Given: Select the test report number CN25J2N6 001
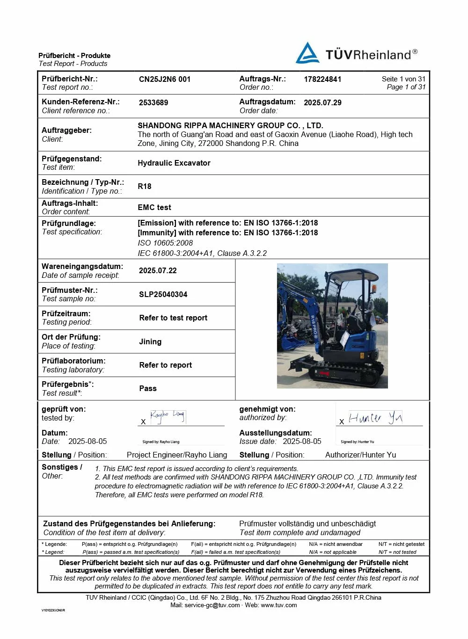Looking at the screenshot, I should pos(165,79).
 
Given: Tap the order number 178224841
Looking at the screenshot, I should pos(322,79).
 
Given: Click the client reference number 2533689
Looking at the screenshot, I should pos(154,102).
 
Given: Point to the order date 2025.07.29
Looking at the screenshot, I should pos(322,102).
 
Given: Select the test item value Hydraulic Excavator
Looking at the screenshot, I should pos(174,163).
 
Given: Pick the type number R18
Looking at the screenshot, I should pos(145,186).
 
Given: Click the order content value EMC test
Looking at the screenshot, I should pos(154,207).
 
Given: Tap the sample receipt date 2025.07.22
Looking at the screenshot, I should pos(158,270).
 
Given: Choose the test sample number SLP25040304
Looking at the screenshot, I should pos(163,294).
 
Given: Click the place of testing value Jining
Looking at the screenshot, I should pos(150,341).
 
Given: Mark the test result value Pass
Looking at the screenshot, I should pos(148,388).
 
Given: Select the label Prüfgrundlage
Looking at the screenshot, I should pos(69,223).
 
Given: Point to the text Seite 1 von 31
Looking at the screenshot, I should pos(403,79).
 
